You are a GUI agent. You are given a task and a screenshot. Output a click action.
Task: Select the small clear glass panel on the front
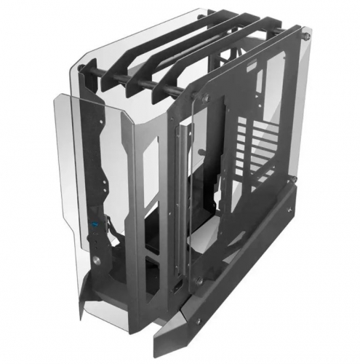pyautogui.click(x=76, y=189)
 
